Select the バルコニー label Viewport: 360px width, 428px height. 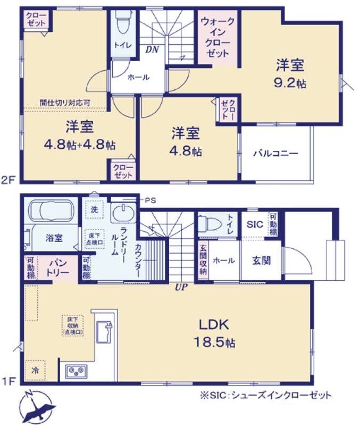click(275, 153)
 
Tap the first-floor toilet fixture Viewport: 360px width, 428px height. click(210, 224)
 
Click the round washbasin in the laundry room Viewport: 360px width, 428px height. click(122, 214)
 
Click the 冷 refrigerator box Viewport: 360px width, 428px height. click(35, 369)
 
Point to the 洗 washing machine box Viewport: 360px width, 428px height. click(94, 209)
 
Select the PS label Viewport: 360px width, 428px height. click(151, 200)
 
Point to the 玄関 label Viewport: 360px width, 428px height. click(261, 261)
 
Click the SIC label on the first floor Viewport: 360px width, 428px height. click(255, 224)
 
